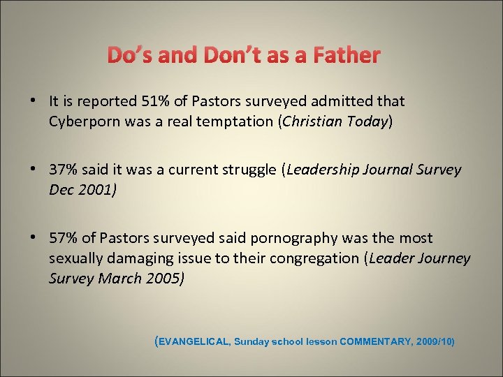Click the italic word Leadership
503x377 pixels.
[x=324, y=170]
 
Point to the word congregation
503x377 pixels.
[x=315, y=258]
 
